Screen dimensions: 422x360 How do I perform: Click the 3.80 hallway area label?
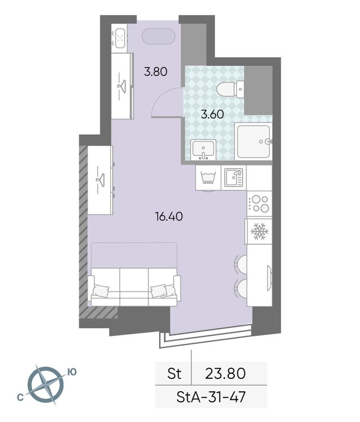[156, 72]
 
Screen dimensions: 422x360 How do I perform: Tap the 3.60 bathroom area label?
[213, 115]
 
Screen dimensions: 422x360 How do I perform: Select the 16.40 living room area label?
[168, 217]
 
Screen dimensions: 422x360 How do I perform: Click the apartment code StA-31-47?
[211, 397]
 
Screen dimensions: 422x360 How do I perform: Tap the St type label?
[173, 373]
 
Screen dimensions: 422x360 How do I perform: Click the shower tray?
[253, 141]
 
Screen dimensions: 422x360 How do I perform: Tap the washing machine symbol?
[208, 177]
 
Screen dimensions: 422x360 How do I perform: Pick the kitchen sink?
[234, 178]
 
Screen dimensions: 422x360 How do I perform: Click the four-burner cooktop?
[259, 203]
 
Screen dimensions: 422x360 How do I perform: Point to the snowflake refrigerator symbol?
[259, 232]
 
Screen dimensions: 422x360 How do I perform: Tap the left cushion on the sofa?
[101, 290]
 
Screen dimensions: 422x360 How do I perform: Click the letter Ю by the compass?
[72, 371]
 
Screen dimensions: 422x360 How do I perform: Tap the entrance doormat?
[159, 36]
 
